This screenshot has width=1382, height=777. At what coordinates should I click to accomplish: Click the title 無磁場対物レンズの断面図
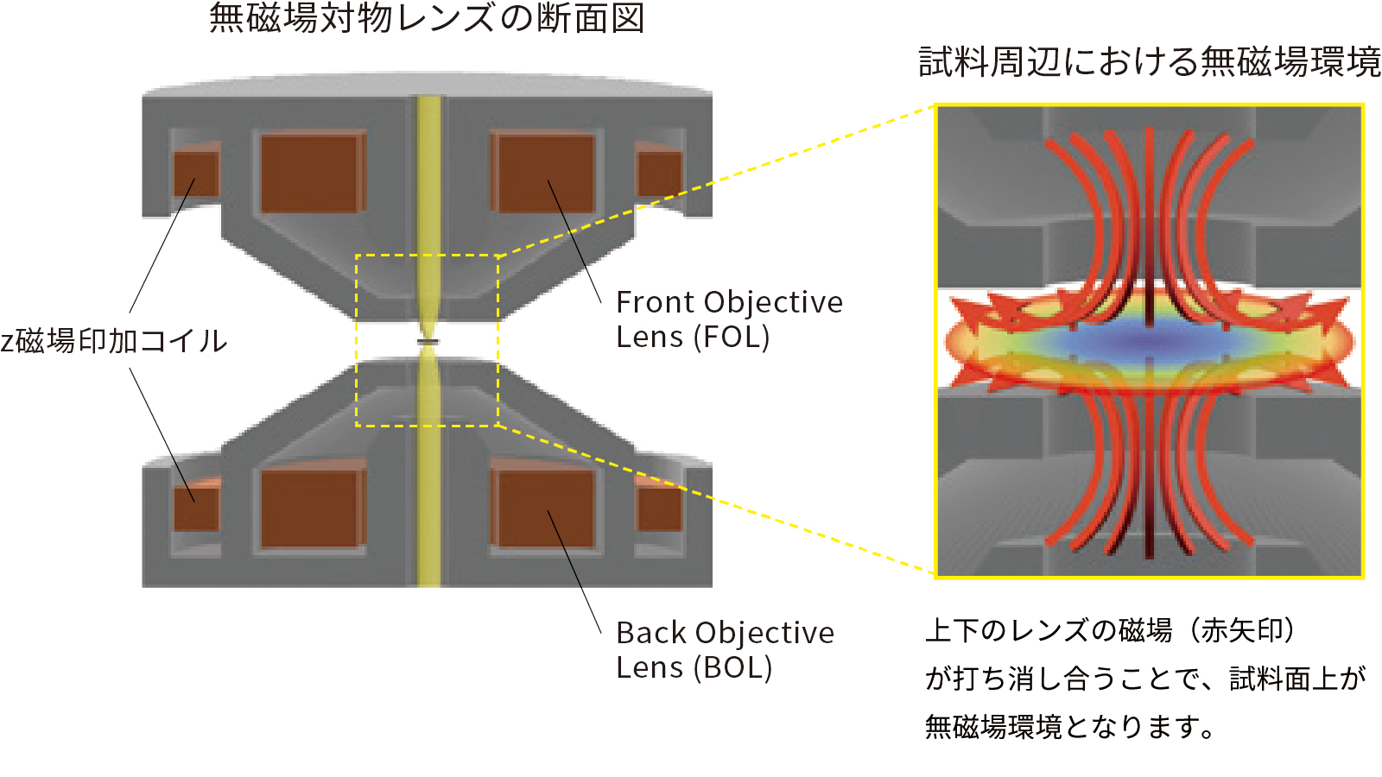(x=427, y=19)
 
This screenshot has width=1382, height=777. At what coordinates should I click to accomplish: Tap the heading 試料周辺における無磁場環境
(x=1149, y=62)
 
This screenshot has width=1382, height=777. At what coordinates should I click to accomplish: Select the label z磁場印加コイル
(x=114, y=341)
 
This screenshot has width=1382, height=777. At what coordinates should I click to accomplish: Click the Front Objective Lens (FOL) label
(x=728, y=319)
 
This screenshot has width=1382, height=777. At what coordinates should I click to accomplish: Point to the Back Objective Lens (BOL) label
(x=724, y=649)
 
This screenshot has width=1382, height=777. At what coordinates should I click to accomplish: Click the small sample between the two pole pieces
(x=428, y=343)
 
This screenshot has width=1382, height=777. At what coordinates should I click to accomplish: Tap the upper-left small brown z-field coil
(x=196, y=174)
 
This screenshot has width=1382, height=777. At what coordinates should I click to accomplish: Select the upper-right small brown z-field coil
(x=659, y=174)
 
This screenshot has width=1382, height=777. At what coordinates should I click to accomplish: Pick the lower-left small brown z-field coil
(x=196, y=508)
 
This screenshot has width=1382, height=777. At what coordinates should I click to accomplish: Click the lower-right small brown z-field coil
(x=659, y=508)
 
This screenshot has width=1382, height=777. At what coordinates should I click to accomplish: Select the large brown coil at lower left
(x=310, y=509)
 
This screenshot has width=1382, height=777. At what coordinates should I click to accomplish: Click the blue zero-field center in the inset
(x=1149, y=343)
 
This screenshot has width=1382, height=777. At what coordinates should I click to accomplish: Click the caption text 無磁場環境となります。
(x=1069, y=727)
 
